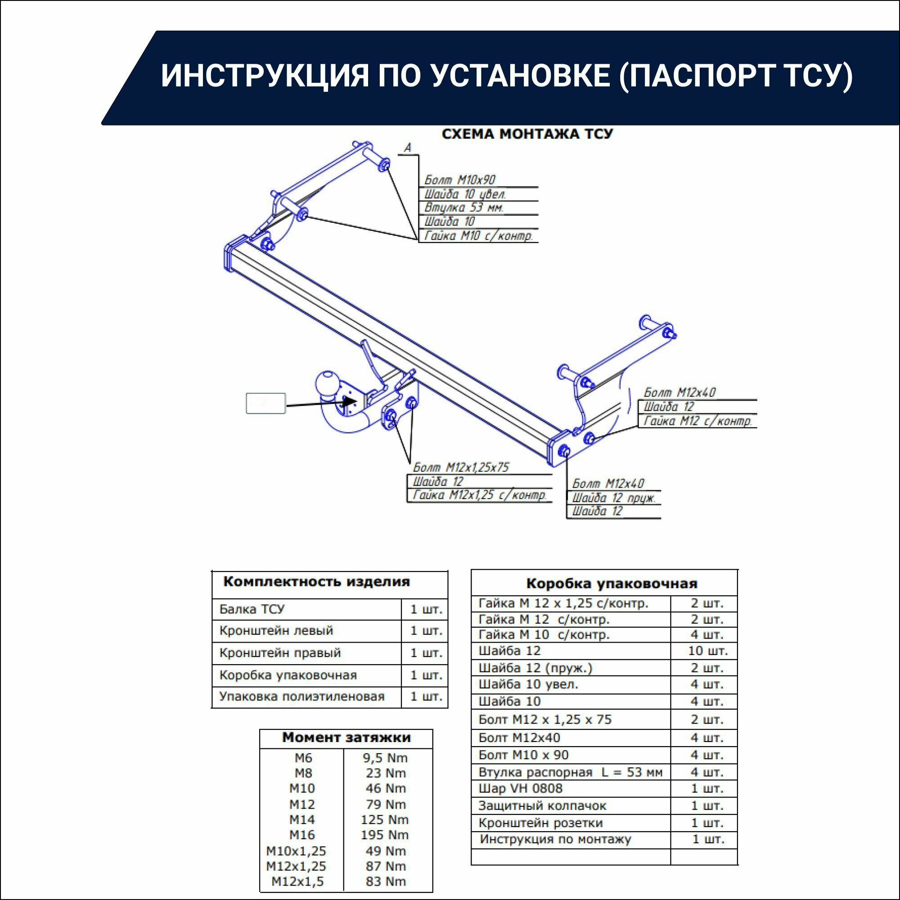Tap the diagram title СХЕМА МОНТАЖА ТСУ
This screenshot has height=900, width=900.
(527, 134)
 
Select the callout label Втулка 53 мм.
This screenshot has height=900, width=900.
(464, 208)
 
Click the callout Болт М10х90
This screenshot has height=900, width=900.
(460, 180)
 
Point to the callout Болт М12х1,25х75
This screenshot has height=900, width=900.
(461, 467)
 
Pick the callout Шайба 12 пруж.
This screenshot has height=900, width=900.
(614, 498)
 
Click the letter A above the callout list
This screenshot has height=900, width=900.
(408, 148)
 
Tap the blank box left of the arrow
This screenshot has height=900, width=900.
(265, 403)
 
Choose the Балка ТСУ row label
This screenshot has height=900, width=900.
(252, 609)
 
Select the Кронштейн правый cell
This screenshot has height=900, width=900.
(280, 652)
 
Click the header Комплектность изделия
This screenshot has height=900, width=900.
(317, 582)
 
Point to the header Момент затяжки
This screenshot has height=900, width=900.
(346, 738)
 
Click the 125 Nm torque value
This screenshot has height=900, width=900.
(385, 819)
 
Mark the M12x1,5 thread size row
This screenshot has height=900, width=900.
(297, 882)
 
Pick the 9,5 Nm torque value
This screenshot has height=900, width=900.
(385, 758)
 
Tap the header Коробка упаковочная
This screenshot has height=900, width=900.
(612, 584)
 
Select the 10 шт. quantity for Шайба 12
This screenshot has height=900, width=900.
(707, 651)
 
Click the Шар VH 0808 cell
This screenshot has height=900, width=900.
(520, 789)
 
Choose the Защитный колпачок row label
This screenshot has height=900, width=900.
(542, 805)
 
